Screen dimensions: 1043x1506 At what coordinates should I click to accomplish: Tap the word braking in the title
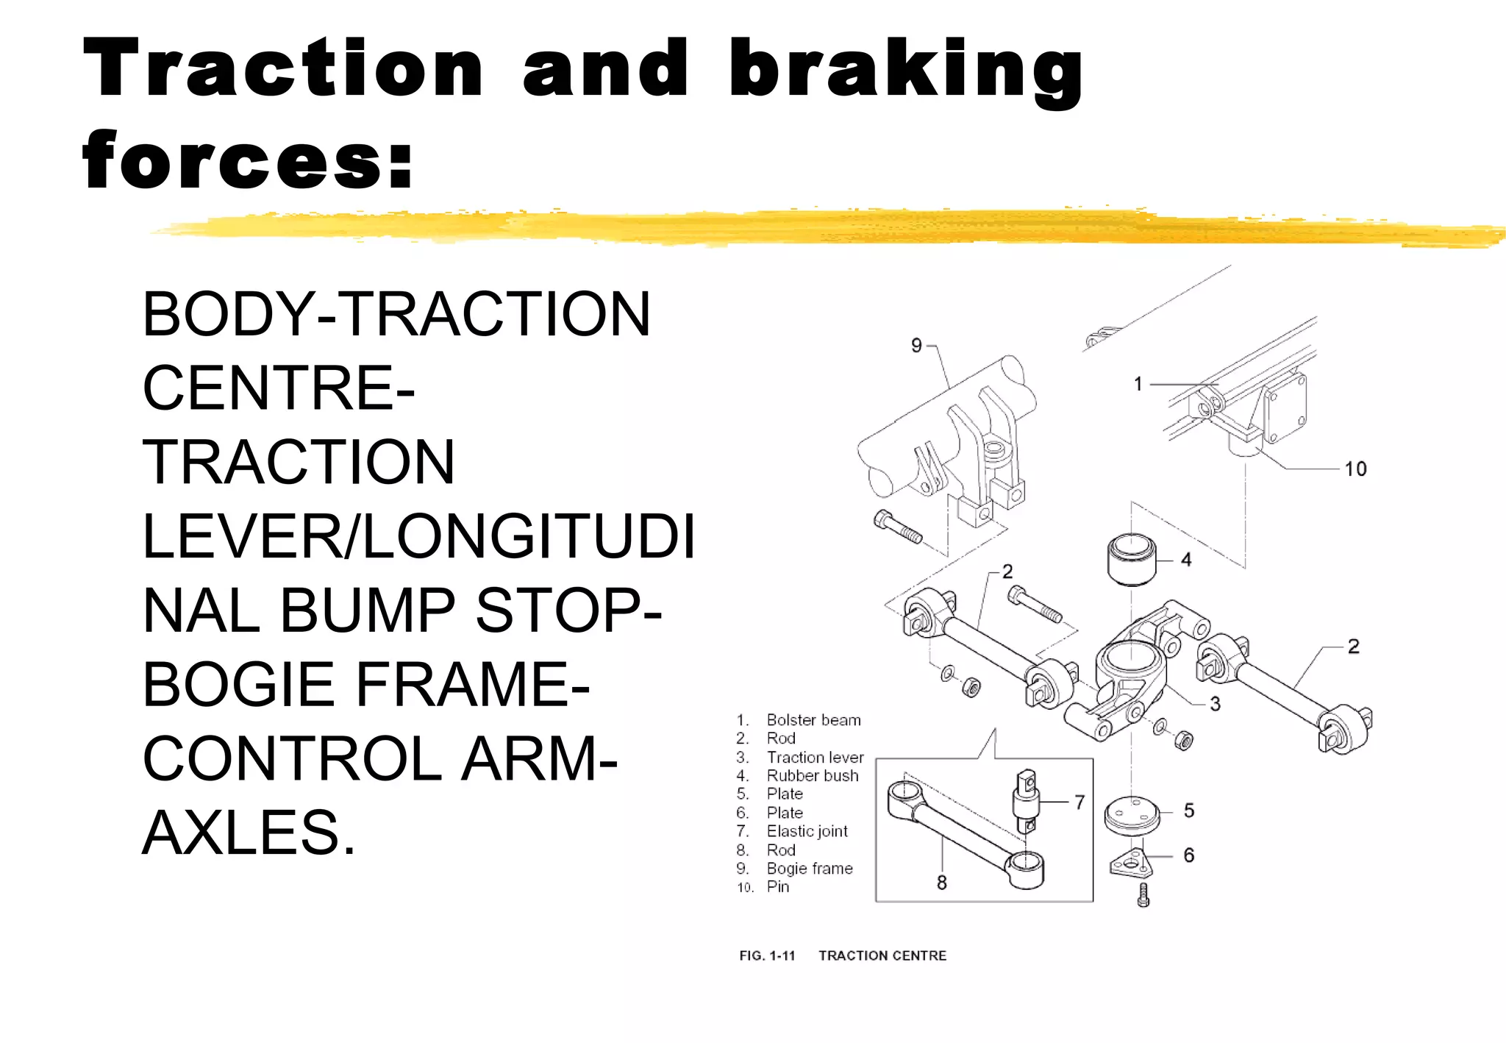(x=906, y=70)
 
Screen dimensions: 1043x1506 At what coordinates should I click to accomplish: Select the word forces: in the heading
(x=249, y=160)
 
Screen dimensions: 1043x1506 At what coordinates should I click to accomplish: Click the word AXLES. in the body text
(x=249, y=833)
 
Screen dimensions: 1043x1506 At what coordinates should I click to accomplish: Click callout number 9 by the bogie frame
(x=916, y=346)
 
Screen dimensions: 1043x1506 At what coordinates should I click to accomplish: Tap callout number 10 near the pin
(x=1355, y=469)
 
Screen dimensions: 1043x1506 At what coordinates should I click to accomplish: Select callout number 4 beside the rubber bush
(x=1186, y=560)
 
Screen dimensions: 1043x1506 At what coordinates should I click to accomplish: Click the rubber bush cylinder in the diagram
(x=1132, y=559)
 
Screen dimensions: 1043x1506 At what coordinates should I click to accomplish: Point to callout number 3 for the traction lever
(x=1215, y=704)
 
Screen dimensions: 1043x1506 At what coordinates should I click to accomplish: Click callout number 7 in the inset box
(x=1079, y=802)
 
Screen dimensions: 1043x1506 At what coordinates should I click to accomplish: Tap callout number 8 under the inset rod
(x=941, y=883)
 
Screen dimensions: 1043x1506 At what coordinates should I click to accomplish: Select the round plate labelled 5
(x=1132, y=815)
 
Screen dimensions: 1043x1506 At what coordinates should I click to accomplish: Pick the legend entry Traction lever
(x=815, y=757)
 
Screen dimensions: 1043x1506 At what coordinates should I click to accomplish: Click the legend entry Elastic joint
(x=807, y=831)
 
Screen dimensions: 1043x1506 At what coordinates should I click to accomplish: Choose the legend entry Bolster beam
(x=813, y=720)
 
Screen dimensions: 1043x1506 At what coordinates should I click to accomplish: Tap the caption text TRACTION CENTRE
(x=882, y=955)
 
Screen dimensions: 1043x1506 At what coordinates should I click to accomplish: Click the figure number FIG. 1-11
(x=767, y=955)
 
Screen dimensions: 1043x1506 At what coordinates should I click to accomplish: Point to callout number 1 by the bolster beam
(x=1138, y=384)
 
